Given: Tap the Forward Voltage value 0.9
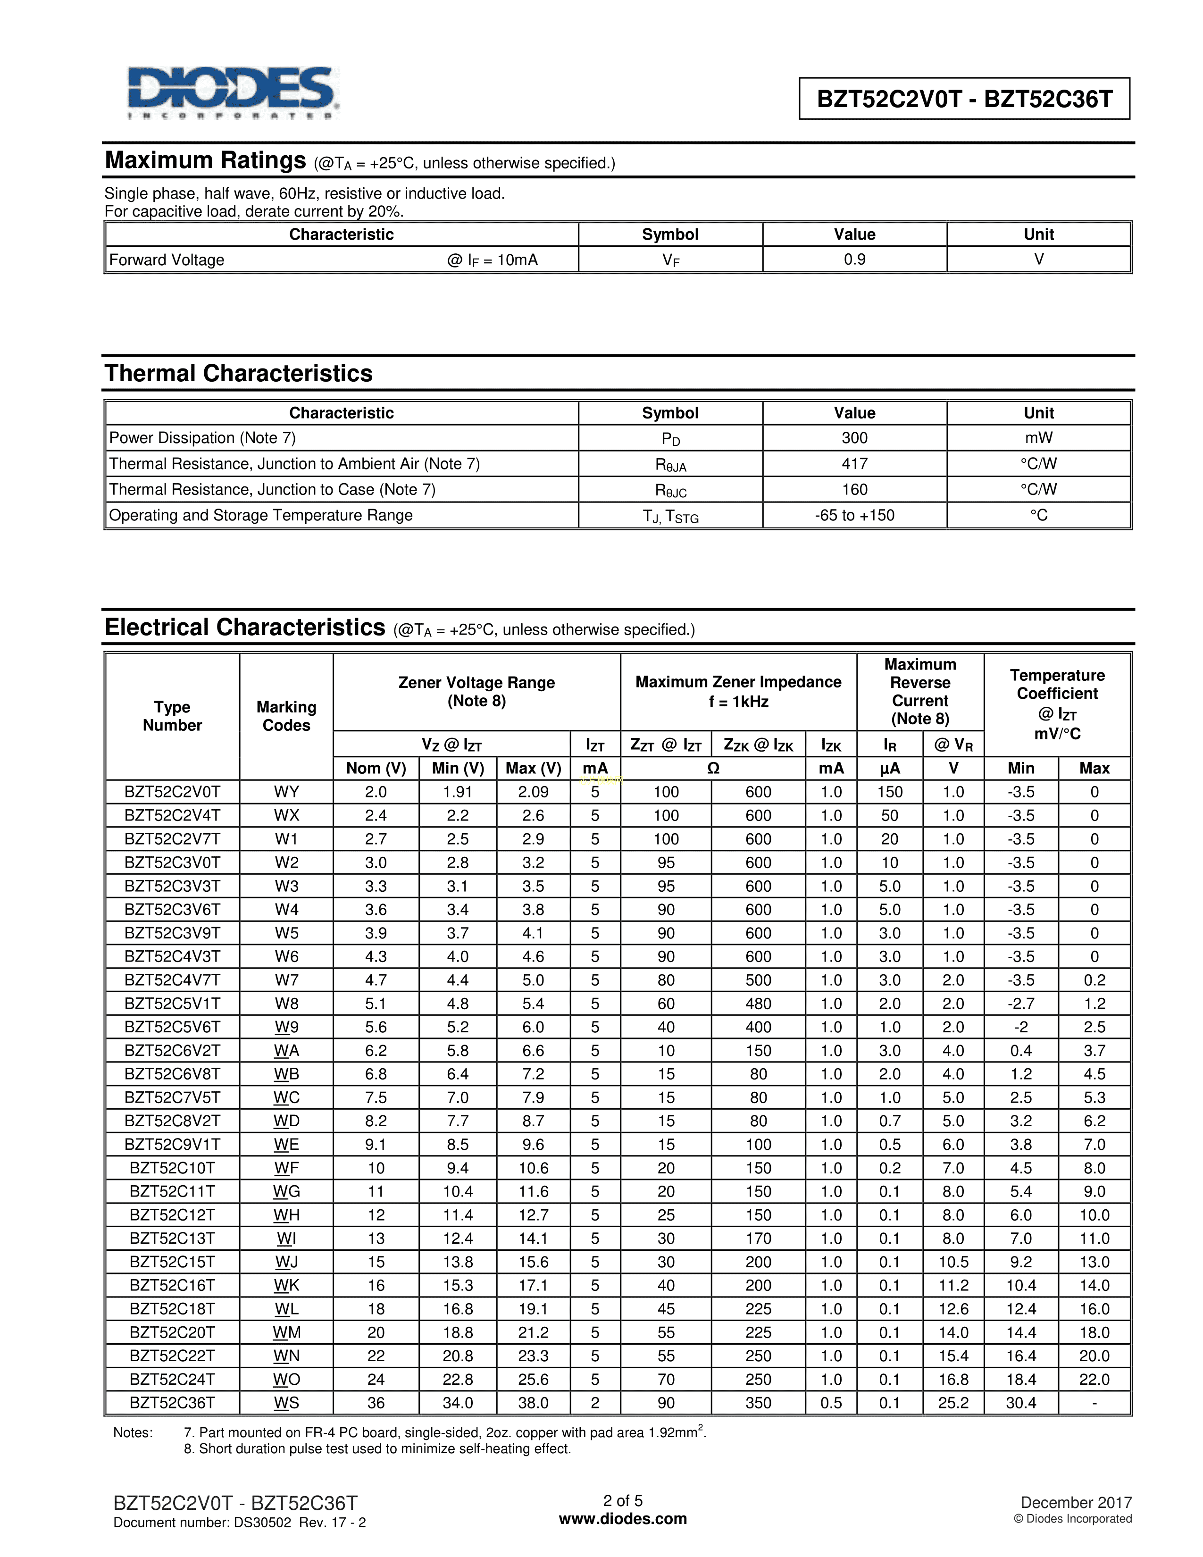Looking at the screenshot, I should coord(854,259).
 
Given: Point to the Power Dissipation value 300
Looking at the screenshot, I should coord(854,438).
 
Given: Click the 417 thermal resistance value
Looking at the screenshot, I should coord(854,463).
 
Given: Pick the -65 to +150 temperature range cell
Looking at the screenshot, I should coord(854,515).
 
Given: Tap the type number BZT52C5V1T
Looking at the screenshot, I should coord(173,1003).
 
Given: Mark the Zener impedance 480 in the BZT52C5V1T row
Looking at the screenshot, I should coord(758,1003).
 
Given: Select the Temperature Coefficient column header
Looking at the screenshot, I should coord(1057,703).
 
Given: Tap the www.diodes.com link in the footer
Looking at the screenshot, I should coord(623,1518).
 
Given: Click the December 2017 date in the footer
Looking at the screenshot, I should coord(1076,1502).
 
